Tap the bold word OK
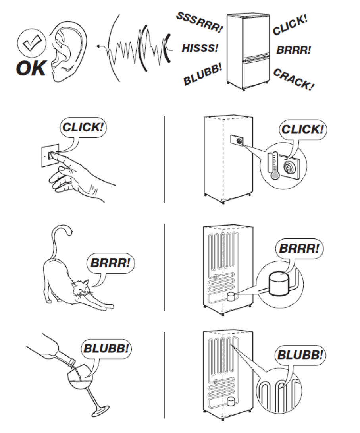[31, 68]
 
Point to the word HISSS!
[200, 48]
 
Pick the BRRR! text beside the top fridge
[294, 50]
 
